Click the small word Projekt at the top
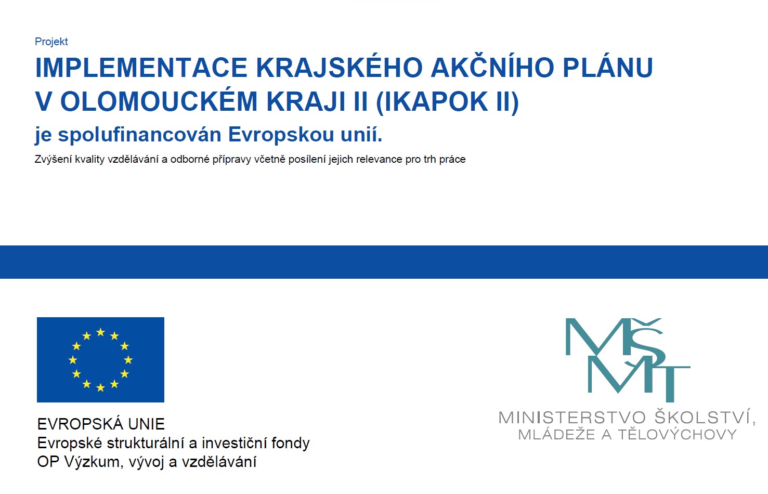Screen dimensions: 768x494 51,42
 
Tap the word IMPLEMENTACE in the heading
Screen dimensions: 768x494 141,68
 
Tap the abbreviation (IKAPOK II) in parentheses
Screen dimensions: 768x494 447,101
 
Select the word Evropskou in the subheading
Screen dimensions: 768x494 281,134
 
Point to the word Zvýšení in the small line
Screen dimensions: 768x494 52,160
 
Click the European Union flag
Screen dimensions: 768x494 100,360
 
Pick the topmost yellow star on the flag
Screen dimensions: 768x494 100,332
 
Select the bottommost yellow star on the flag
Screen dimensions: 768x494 100,387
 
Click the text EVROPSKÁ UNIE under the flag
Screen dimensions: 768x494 101,424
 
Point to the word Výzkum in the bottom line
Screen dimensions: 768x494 92,462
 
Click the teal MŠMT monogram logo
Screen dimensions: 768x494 628,360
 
